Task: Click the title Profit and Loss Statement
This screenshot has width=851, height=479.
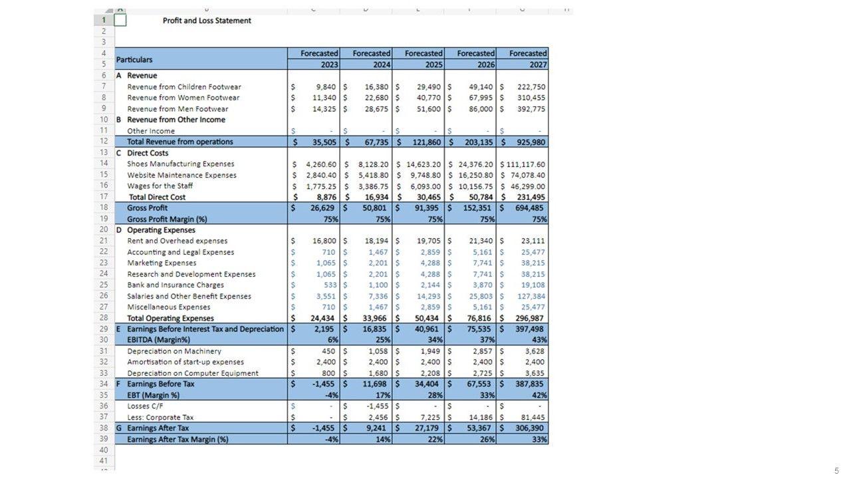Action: (207, 21)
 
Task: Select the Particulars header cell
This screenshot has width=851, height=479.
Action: (134, 59)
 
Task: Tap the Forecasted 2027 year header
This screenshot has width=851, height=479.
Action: (529, 59)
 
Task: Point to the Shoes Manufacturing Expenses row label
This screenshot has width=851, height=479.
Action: (180, 164)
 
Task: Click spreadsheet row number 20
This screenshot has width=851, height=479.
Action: (104, 230)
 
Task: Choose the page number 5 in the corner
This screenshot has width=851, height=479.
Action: (836, 470)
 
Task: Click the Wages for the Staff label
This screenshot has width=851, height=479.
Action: (160, 186)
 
